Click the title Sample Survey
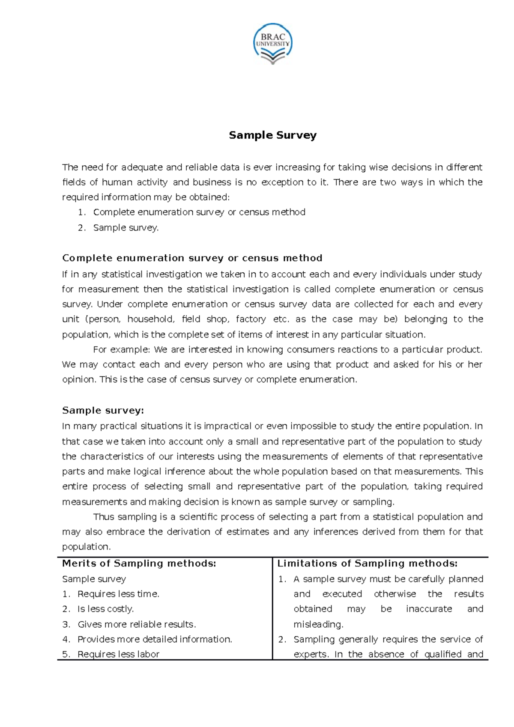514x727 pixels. [x=272, y=135]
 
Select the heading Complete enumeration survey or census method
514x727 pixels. [x=192, y=258]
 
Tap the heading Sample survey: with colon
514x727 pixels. [x=103, y=411]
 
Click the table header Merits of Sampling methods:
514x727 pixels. [x=139, y=563]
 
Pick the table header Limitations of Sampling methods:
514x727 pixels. [x=368, y=563]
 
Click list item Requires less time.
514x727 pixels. [x=118, y=594]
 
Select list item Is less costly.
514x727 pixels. [x=105, y=609]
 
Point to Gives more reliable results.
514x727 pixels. [x=137, y=624]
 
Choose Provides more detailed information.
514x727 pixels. [x=155, y=639]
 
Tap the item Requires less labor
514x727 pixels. [x=118, y=654]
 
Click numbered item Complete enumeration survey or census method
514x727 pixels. [x=199, y=212]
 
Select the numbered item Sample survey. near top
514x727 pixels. [x=126, y=228]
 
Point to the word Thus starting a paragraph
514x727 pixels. [x=104, y=517]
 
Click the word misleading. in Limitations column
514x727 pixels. [x=318, y=624]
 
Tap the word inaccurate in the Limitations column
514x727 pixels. [x=429, y=609]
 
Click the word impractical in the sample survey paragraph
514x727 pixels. [x=227, y=426]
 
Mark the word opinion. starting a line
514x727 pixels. [x=79, y=380]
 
